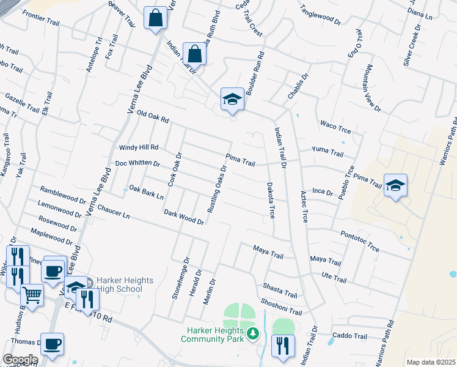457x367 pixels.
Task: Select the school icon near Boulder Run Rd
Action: click(x=232, y=100)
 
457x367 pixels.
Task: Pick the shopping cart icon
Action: click(x=32, y=295)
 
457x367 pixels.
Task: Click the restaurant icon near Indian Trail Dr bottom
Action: click(x=283, y=346)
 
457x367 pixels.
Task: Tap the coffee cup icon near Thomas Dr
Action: click(x=53, y=344)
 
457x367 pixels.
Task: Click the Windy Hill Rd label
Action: click(x=139, y=147)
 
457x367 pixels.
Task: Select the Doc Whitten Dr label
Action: click(x=137, y=164)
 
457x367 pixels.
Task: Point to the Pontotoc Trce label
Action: click(x=360, y=241)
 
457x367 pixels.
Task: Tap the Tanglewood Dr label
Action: click(x=320, y=15)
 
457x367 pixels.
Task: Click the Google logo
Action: click(x=20, y=360)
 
